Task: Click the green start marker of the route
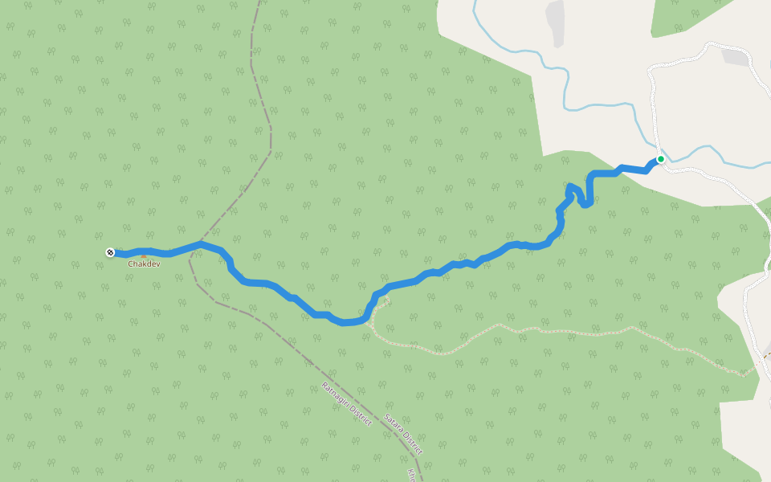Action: pos(660,159)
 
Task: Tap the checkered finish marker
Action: pos(110,253)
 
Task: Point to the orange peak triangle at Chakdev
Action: pos(144,256)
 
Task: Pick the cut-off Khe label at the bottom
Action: pos(412,474)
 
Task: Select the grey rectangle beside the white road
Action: pos(734,57)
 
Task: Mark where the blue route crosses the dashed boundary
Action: pos(201,243)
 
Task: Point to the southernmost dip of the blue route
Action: pos(345,322)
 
